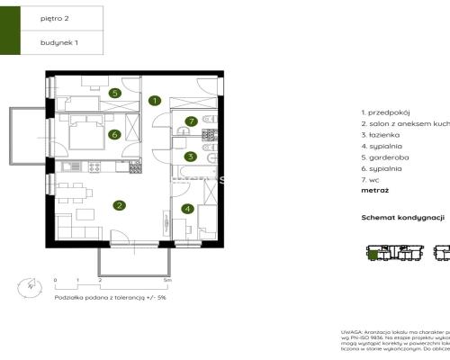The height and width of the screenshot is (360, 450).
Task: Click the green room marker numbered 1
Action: click(155, 101)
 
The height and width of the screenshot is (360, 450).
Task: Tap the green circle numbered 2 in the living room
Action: click(119, 205)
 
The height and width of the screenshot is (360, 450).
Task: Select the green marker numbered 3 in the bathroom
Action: click(190, 157)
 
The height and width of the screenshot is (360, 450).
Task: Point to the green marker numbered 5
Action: click(115, 92)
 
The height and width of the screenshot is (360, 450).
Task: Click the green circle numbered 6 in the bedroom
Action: click(115, 135)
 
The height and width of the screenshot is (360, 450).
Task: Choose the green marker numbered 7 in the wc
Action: click(190, 121)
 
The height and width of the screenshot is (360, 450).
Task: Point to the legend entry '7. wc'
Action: click(372, 180)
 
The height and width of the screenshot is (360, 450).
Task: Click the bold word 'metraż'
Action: click(375, 192)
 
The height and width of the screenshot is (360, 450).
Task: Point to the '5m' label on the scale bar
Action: click(167, 280)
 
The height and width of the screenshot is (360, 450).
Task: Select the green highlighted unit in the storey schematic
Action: click(371, 256)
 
